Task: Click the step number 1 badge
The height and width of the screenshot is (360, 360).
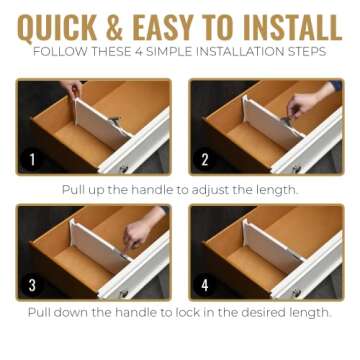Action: pyautogui.click(x=32, y=159)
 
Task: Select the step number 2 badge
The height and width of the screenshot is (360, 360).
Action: pyautogui.click(x=204, y=159)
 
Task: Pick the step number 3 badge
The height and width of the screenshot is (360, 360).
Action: pyautogui.click(x=32, y=285)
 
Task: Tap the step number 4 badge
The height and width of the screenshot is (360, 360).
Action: pyautogui.click(x=204, y=285)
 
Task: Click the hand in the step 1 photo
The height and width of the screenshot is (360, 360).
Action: pyautogui.click(x=72, y=91)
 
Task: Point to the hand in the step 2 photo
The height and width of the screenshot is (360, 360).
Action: pyautogui.click(x=300, y=103)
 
